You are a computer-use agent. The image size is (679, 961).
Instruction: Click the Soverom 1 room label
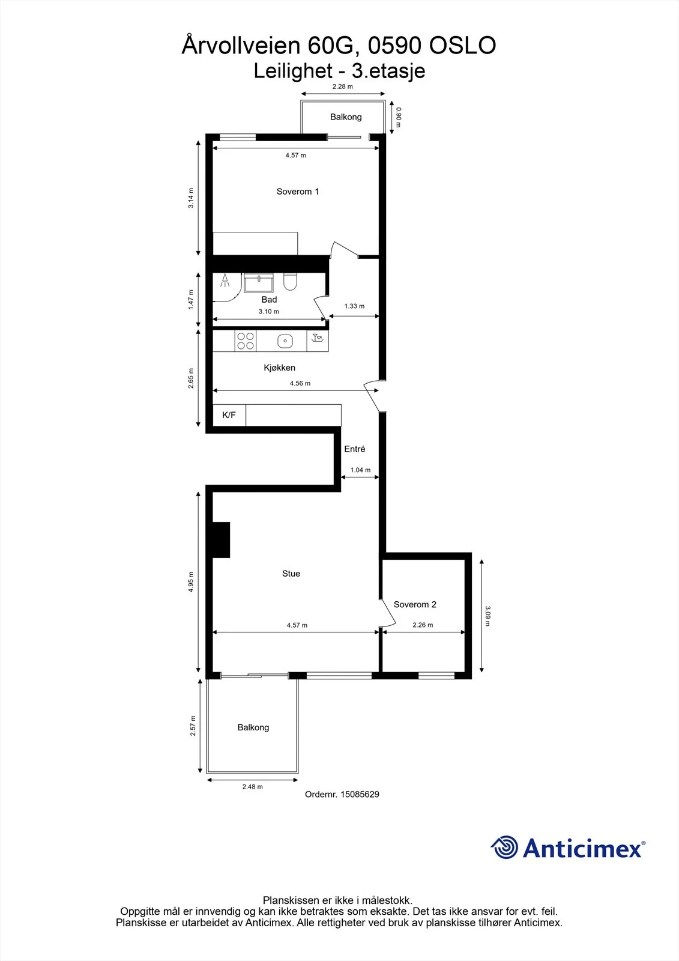click(298, 192)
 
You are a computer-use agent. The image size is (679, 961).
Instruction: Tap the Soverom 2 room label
click(415, 604)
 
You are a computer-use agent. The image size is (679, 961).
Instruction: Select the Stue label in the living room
click(291, 573)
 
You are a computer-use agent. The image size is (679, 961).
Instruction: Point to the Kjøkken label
click(279, 367)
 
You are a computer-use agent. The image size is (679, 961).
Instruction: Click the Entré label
click(355, 449)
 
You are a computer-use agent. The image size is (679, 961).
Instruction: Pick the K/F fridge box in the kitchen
click(229, 415)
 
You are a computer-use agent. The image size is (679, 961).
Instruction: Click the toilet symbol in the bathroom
click(291, 282)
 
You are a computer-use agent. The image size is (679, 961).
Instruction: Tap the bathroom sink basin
click(259, 283)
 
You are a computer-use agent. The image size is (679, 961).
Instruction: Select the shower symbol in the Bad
click(225, 280)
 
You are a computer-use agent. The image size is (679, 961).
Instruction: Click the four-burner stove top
click(246, 341)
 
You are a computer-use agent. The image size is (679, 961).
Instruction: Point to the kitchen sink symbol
click(285, 341)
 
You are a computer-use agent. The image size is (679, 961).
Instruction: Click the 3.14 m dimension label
click(190, 198)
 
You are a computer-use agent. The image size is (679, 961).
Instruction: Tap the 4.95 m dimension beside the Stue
click(190, 582)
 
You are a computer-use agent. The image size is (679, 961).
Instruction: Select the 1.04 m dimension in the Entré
click(360, 470)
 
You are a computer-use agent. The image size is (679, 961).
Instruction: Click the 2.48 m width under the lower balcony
click(252, 786)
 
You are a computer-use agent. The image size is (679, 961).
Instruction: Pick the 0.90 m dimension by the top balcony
click(399, 117)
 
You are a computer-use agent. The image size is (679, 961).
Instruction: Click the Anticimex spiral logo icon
click(504, 847)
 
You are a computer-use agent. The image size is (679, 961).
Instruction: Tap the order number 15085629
click(360, 794)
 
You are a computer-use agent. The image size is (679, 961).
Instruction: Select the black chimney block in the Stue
click(222, 540)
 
